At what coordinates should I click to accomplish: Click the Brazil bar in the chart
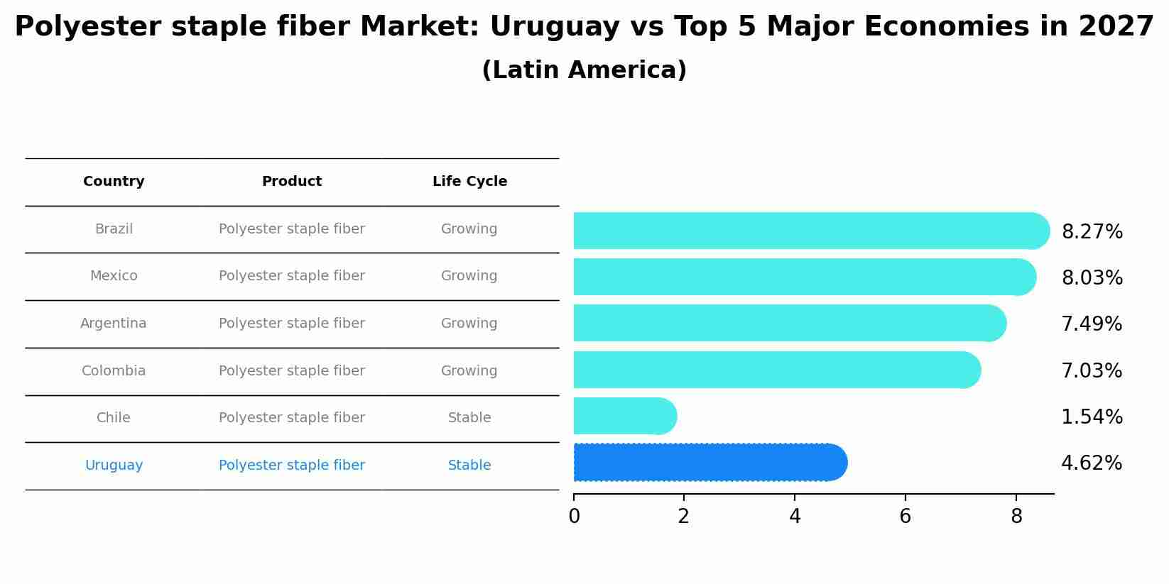coord(810,231)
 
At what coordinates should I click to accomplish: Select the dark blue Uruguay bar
coord(710,463)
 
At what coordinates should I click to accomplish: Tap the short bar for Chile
coord(624,416)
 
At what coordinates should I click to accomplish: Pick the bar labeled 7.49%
coord(788,323)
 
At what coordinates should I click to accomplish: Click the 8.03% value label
coord(1092,277)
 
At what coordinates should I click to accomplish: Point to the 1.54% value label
coord(1092,417)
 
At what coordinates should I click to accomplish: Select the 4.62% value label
coord(1092,463)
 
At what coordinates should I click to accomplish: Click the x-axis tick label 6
coord(905,517)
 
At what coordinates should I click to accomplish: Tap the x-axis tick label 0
coord(574,517)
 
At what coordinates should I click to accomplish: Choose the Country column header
coord(114,182)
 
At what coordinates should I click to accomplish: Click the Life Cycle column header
coord(469,182)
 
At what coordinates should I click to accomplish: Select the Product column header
coord(292,182)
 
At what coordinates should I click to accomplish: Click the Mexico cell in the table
coord(114,276)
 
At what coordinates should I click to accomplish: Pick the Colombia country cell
coord(114,370)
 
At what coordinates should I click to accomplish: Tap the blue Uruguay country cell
coord(114,465)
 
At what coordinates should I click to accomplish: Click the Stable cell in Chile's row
coord(469,418)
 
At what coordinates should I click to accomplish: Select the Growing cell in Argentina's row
coord(469,324)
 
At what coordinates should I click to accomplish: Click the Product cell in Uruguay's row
coord(292,465)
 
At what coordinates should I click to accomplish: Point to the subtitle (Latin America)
coord(584,70)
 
